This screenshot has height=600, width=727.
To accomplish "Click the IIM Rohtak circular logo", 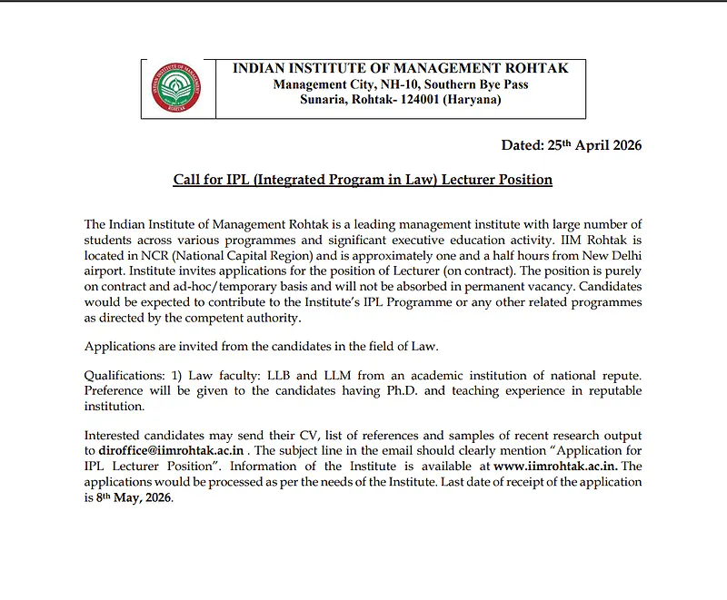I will (x=178, y=88).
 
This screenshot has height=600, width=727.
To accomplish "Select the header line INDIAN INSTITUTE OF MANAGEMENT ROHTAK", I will (x=400, y=69).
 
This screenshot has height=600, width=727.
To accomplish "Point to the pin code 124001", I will (x=413, y=100).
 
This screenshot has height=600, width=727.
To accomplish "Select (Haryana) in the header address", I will (x=471, y=100).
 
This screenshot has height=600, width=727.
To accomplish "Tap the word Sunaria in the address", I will (x=324, y=100).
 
